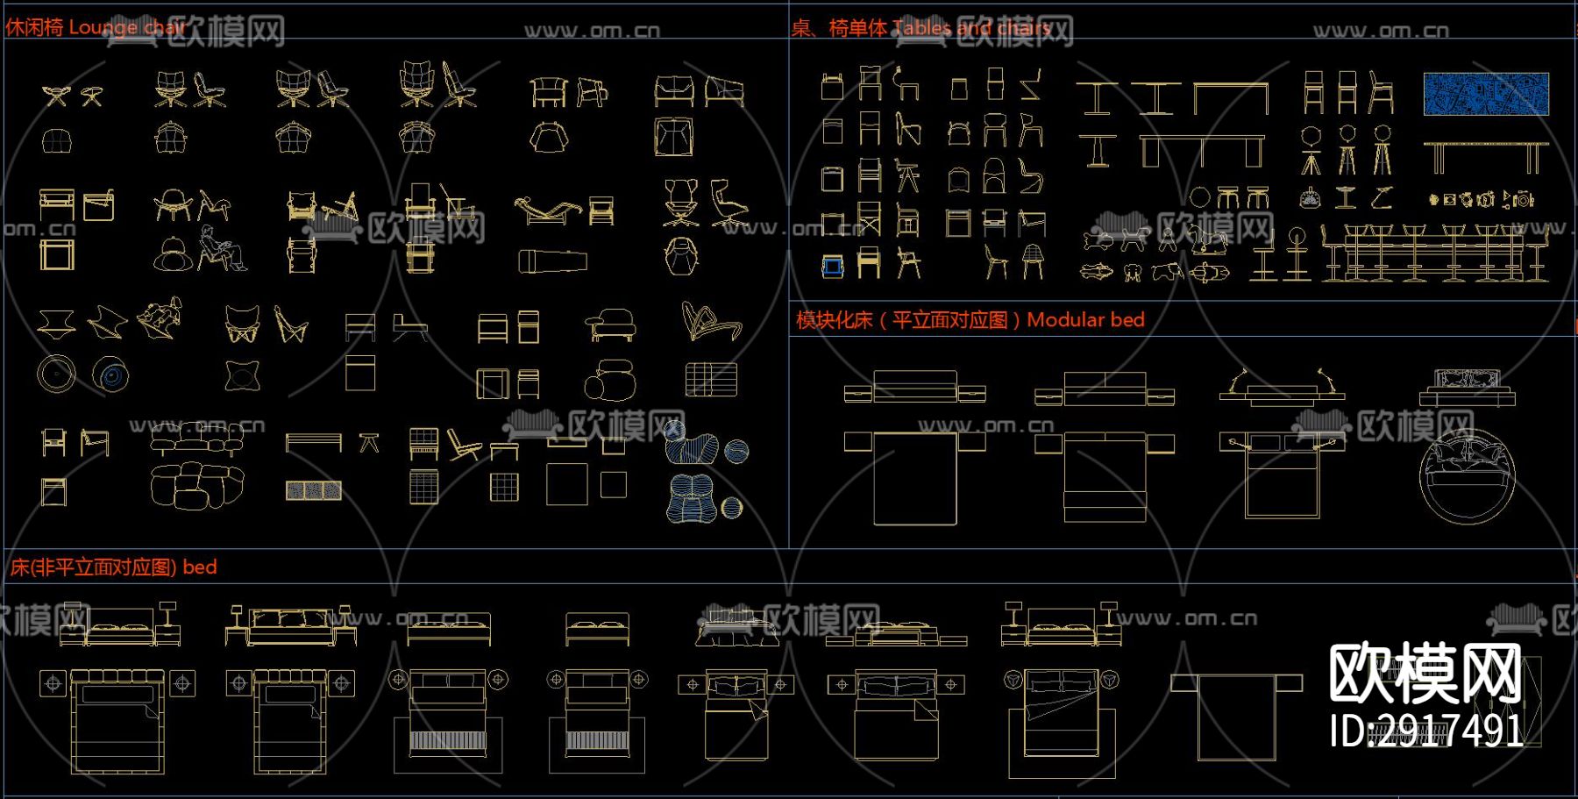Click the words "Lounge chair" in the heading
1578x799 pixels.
(x=126, y=27)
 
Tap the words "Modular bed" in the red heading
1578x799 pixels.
(x=1085, y=320)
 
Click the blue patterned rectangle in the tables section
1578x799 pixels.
(x=1486, y=94)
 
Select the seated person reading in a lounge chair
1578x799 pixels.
(x=220, y=248)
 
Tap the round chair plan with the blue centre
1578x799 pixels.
(x=110, y=375)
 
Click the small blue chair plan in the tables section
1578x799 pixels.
(x=832, y=266)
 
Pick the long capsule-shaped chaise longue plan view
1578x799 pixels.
(x=552, y=261)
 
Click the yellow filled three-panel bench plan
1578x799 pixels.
(x=313, y=490)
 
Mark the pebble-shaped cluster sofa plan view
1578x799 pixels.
(x=197, y=485)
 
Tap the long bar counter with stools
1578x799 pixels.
(x=1433, y=254)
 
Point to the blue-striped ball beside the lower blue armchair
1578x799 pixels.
(x=731, y=507)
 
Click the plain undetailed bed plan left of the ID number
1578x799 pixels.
(x=1236, y=712)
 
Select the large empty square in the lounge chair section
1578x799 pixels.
(x=566, y=484)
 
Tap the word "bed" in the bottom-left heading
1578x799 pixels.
(x=200, y=567)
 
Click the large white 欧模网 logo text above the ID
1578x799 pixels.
(x=1425, y=673)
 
